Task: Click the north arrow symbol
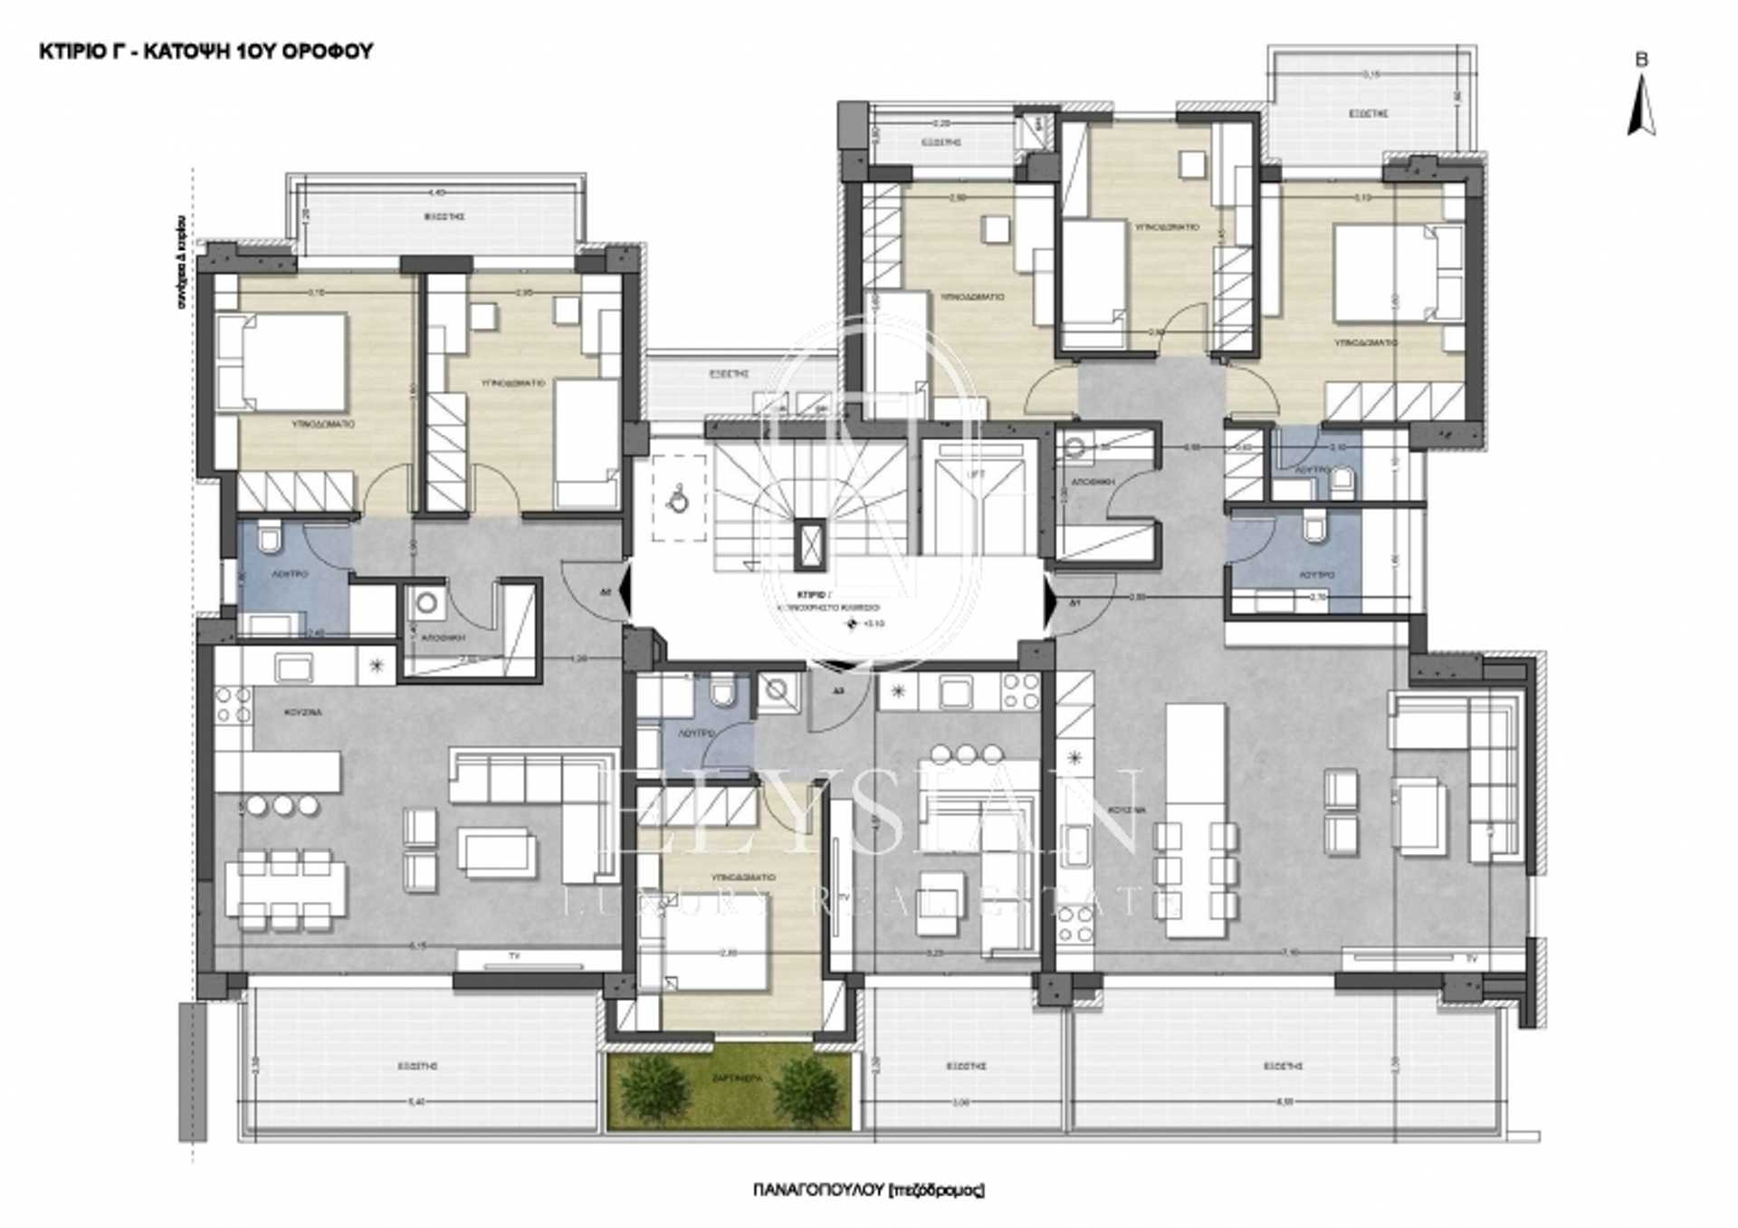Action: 1641,107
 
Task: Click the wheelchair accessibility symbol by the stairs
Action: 677,499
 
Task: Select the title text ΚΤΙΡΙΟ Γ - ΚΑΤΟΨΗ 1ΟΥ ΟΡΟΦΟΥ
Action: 206,52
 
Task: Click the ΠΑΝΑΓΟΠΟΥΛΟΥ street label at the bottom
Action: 867,1189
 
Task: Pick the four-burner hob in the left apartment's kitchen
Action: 231,705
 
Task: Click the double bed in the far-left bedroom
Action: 282,361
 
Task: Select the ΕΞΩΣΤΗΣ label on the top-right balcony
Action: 1368,114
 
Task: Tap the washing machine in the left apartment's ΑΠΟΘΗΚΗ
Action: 425,602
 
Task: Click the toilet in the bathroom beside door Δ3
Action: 722,695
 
